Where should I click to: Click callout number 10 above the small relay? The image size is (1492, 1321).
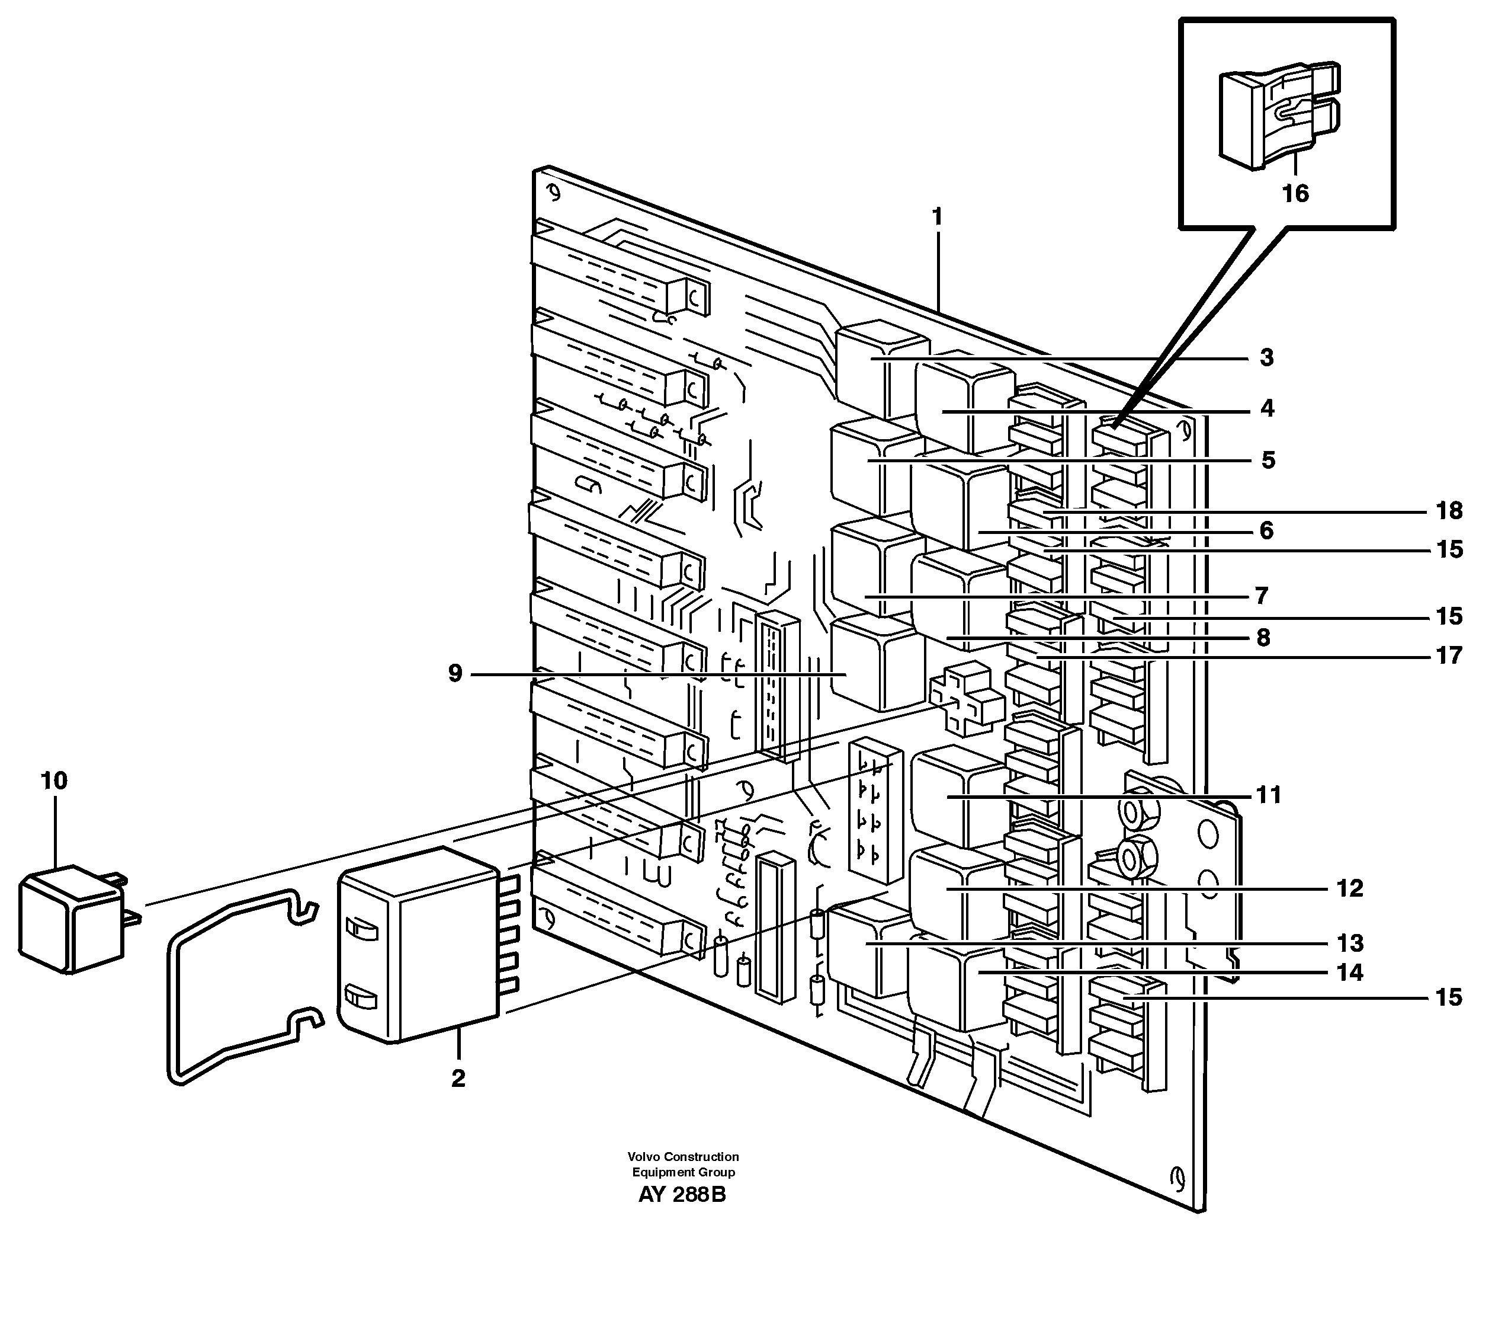(54, 781)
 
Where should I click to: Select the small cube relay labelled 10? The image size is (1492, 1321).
(69, 921)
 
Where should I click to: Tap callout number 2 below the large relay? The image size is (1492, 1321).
(458, 1078)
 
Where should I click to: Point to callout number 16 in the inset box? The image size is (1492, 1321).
(1295, 194)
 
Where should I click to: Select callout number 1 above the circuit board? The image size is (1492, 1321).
(937, 217)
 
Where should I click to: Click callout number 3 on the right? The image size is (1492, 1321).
(1267, 358)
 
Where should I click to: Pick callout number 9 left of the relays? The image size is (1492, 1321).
(455, 673)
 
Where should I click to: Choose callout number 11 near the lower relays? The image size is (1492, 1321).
(1269, 795)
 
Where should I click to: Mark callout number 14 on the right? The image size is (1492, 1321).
(1350, 973)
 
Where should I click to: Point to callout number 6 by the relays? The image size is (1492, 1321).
(1266, 531)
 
